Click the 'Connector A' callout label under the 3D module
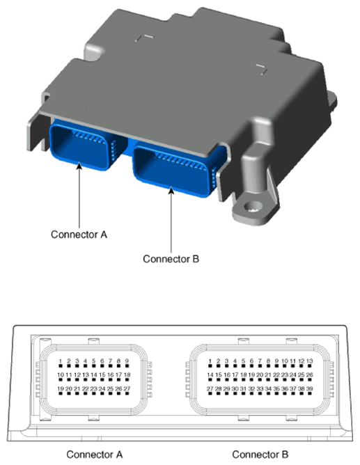(x=79, y=234)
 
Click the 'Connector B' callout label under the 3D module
(x=171, y=259)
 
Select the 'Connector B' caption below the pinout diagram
(x=260, y=455)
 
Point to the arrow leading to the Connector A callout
(x=79, y=195)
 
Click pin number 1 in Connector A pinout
(x=61, y=362)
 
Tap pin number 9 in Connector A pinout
(x=127, y=362)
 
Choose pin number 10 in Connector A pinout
(x=61, y=375)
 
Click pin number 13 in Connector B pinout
(x=309, y=362)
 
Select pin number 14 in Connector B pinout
(x=210, y=375)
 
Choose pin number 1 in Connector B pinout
(x=210, y=362)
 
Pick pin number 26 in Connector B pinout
(x=309, y=375)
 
